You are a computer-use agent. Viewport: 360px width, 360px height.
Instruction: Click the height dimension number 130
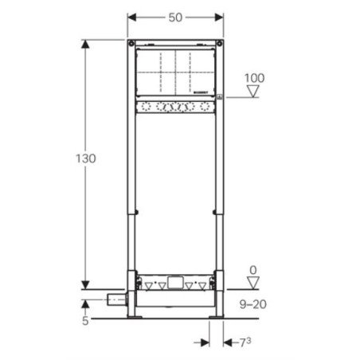click(86, 158)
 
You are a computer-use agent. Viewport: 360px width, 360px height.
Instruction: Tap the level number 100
click(254, 77)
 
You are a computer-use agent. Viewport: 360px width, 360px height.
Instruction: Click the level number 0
click(253, 271)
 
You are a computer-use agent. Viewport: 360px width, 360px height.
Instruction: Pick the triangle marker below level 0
click(253, 284)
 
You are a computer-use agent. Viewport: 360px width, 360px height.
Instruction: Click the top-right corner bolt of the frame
click(221, 42)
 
